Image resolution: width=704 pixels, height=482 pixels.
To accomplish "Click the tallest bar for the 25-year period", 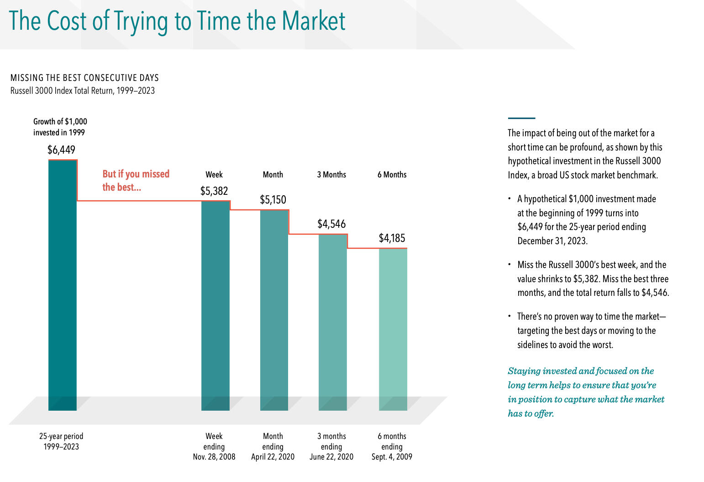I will (63, 284).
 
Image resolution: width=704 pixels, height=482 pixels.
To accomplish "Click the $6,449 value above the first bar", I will (61, 150).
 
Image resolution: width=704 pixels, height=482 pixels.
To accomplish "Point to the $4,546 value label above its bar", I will (331, 224).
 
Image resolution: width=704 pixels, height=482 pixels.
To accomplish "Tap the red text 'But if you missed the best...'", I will (136, 180).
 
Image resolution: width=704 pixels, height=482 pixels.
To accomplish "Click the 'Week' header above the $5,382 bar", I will (214, 175).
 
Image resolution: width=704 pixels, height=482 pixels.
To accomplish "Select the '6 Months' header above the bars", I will (392, 175).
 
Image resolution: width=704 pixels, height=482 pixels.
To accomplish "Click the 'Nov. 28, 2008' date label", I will (214, 457).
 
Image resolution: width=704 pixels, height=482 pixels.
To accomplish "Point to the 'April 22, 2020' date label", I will (273, 457).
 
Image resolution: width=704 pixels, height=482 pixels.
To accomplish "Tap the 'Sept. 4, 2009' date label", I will (392, 457).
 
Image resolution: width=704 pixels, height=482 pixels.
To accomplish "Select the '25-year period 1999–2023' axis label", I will (61, 441).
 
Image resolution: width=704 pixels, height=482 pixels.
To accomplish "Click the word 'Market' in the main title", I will (314, 21).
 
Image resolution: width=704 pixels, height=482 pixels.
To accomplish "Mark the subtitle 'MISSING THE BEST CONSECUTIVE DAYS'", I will (84, 78).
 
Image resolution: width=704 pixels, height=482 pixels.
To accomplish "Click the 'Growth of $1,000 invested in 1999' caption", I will (60, 127).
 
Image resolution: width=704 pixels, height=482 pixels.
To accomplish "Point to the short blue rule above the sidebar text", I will (521, 118).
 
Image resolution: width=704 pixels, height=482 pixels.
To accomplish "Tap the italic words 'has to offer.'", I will (531, 413).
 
